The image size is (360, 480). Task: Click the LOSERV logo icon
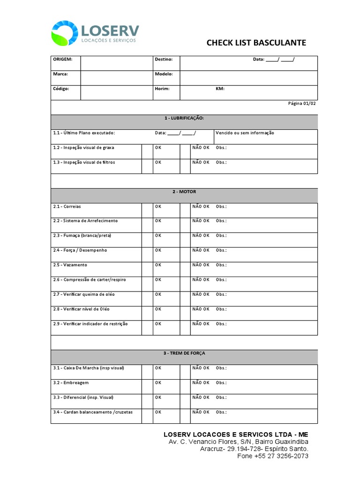pos(65,33)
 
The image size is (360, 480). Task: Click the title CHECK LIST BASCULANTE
pos(256,43)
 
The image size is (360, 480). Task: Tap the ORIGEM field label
pos(62,60)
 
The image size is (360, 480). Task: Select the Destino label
pos(164,60)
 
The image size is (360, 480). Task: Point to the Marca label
pos(60,74)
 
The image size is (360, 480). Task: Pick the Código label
pos(61,89)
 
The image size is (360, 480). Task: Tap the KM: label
pos(220,89)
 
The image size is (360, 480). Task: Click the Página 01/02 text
pos(302,104)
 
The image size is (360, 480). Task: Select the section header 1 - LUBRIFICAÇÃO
pos(184,118)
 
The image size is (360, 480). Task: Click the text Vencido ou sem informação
pos(245,133)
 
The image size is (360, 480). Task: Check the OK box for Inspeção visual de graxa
pos(147,151)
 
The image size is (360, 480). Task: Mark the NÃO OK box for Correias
pos(185,210)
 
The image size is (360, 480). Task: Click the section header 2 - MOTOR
pos(184,192)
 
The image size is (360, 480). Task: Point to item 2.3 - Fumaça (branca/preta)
pos(82,235)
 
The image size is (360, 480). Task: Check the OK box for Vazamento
pos(147,269)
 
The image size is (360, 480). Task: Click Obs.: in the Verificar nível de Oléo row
pos(221,309)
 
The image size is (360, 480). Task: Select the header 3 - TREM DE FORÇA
pos(184,353)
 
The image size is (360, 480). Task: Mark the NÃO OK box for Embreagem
pos(185,387)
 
